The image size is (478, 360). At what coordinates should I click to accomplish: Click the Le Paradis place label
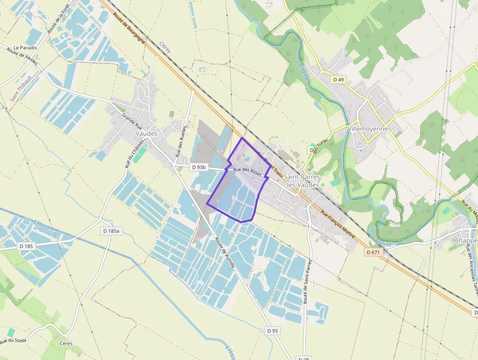(25, 47)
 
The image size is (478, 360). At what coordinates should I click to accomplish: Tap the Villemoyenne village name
(368, 129)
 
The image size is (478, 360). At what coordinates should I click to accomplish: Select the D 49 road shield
(338, 80)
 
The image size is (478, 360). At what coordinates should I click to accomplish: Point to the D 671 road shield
(374, 252)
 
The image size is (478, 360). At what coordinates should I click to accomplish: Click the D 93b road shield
(199, 167)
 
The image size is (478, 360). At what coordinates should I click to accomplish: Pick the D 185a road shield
(112, 230)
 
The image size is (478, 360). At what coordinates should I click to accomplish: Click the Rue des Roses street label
(247, 172)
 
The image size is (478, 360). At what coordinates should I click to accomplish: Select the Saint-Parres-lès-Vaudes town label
(302, 181)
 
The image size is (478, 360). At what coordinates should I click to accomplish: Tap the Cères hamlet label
(66, 343)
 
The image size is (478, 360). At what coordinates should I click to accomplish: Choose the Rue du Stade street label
(13, 340)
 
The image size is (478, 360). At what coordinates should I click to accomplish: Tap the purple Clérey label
(166, 49)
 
